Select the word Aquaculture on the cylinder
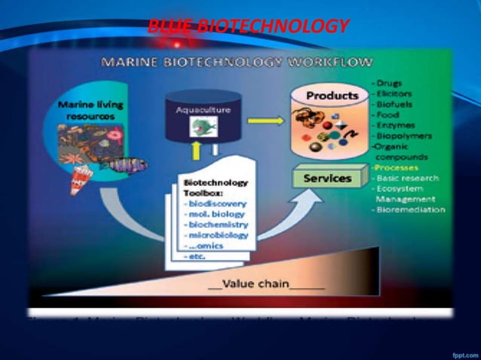[204, 110]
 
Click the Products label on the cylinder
[332, 96]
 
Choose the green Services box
[327, 178]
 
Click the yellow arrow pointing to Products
[263, 119]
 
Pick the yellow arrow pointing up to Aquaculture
[197, 149]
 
